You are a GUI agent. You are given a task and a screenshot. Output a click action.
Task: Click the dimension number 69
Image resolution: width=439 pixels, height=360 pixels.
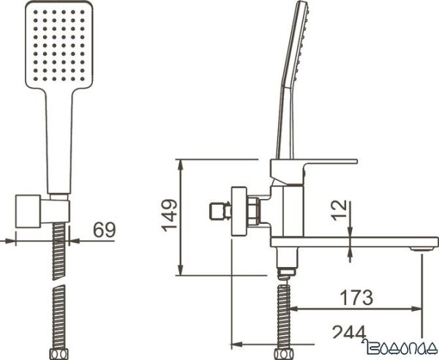[x=105, y=230]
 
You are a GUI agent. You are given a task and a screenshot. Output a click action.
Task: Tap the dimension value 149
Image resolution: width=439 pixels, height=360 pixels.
[x=168, y=216]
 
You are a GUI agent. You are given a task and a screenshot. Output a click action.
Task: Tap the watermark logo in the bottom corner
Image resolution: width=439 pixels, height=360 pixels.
[x=400, y=350]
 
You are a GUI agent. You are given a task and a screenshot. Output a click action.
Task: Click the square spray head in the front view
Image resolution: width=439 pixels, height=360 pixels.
[x=59, y=44]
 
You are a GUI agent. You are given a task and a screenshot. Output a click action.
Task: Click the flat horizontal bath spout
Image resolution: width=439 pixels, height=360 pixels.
[x=351, y=242]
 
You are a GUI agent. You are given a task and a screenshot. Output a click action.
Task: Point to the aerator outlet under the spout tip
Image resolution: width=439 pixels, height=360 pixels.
[x=422, y=251]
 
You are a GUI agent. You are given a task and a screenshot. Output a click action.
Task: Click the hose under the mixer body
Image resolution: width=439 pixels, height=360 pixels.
[x=285, y=315]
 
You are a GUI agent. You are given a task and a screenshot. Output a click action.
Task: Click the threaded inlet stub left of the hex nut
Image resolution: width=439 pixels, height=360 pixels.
[x=217, y=211]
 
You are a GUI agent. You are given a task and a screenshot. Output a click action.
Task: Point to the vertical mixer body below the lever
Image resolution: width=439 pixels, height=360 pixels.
[x=292, y=209]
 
